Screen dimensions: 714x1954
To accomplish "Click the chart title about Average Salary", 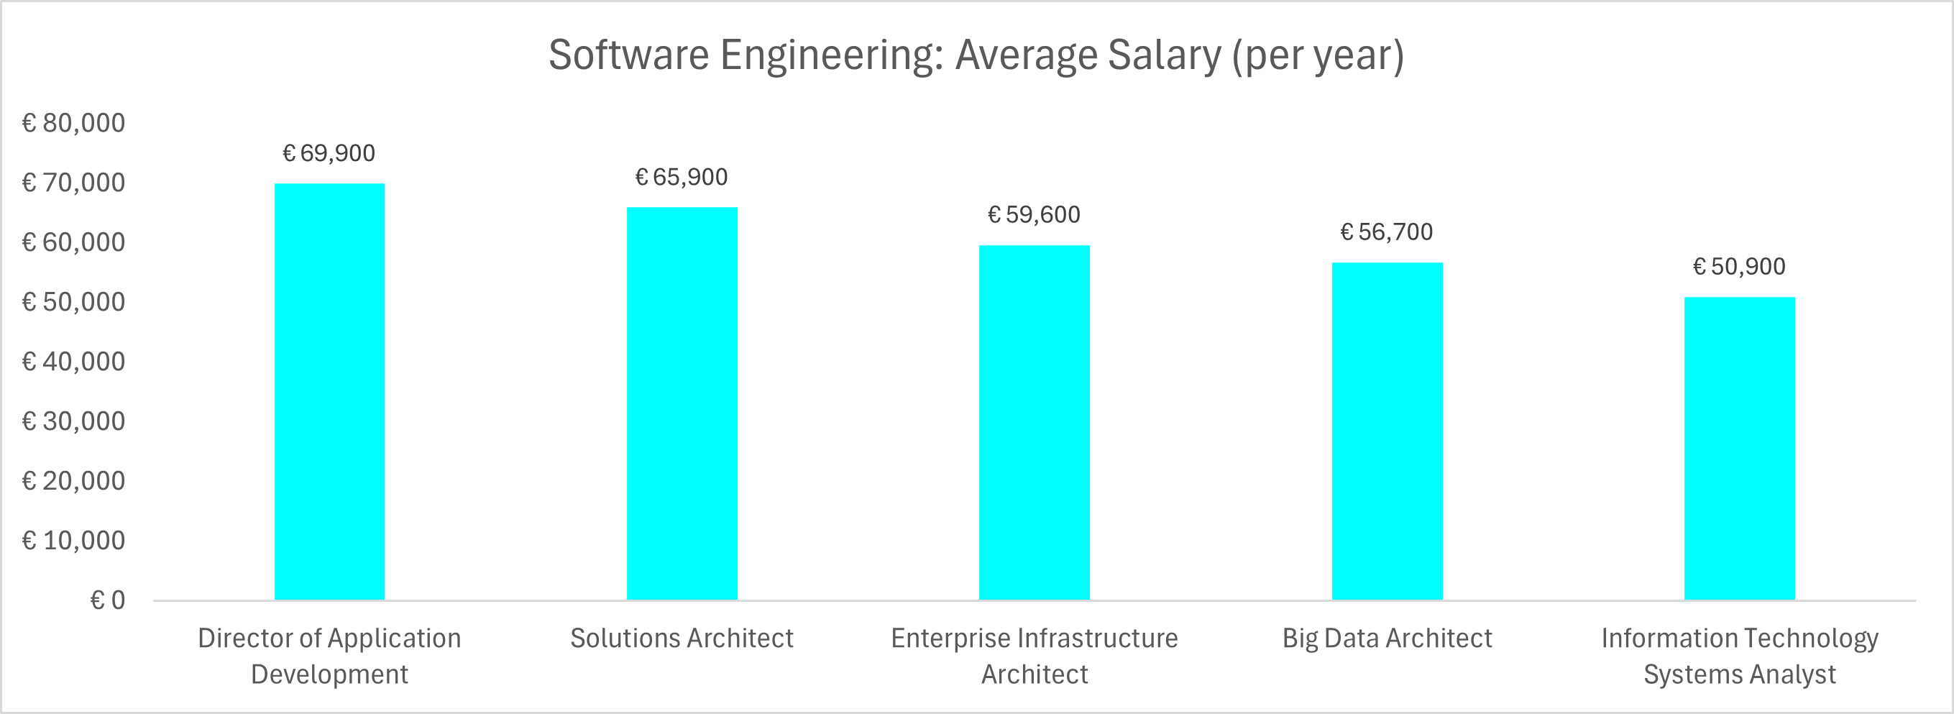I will click(x=976, y=55).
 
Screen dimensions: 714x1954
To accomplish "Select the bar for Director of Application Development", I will click(x=329, y=392).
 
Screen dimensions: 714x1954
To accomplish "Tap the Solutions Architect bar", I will click(x=682, y=403).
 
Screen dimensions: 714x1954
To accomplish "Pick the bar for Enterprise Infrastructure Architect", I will click(x=1035, y=423).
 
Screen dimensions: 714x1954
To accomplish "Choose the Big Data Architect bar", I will click(x=1387, y=431).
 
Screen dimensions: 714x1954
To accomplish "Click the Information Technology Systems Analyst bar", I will click(x=1740, y=449).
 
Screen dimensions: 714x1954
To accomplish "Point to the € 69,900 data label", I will click(x=329, y=153).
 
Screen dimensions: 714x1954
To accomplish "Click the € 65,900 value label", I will click(x=682, y=177).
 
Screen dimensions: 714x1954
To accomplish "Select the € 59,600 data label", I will click(x=1034, y=215).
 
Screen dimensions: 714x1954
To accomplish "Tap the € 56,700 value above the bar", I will click(x=1387, y=232).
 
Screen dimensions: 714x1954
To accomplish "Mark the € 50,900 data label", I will click(x=1739, y=266).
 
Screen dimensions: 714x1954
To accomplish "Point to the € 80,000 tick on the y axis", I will click(x=73, y=123).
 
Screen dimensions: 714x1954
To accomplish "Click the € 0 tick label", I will click(x=108, y=600).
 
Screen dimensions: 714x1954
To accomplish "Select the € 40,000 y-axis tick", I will click(x=73, y=361).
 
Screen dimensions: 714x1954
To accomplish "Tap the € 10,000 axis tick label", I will click(x=73, y=540).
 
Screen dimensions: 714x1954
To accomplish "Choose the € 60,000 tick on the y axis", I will click(x=73, y=242).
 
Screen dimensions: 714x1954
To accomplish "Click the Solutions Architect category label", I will click(x=682, y=638).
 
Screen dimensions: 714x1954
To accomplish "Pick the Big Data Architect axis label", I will click(x=1387, y=638).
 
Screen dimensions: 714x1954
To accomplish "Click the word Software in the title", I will click(x=628, y=55).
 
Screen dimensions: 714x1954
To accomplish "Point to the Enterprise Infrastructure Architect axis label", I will click(x=1035, y=656).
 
